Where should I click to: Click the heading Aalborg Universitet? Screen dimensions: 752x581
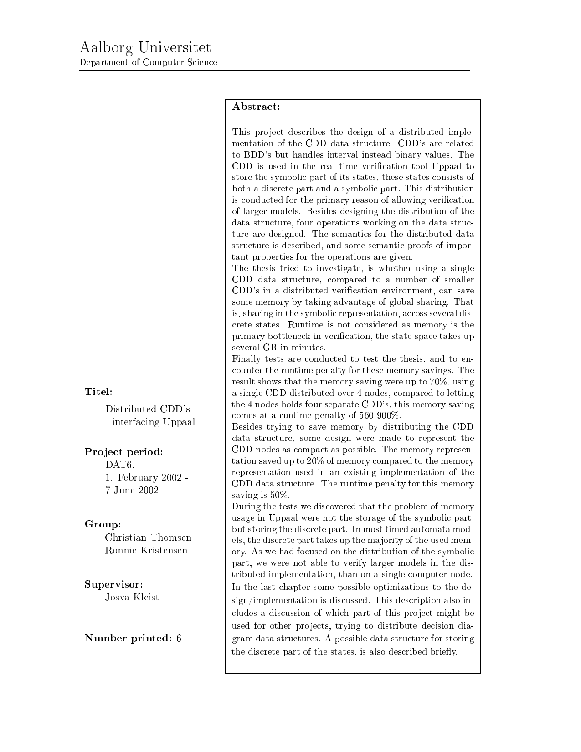[x=145, y=48]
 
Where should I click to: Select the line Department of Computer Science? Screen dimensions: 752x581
[x=148, y=62]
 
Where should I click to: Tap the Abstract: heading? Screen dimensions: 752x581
[x=256, y=107]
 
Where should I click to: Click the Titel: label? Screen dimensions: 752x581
[x=98, y=391]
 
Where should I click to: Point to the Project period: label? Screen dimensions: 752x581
[x=124, y=452]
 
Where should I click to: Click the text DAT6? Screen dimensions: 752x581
[x=120, y=465]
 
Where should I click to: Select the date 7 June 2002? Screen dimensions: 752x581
[x=132, y=490]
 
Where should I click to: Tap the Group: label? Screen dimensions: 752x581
[x=103, y=524]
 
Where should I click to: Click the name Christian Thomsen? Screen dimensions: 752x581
[x=148, y=537]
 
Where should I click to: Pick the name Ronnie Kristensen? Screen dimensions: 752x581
[x=146, y=550]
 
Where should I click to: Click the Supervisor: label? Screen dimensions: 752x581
[x=114, y=584]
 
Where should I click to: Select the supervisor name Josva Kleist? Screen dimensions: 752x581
[x=132, y=597]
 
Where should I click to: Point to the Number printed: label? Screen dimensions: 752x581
[x=128, y=638]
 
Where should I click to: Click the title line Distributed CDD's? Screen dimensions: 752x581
[x=147, y=409]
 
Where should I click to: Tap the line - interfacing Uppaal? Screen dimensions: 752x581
[x=150, y=422]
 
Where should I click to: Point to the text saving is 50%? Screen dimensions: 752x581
[x=261, y=495]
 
